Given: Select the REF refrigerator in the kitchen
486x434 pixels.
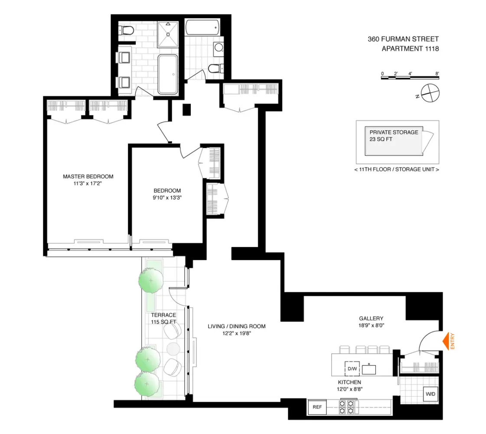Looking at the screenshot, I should tap(317, 408).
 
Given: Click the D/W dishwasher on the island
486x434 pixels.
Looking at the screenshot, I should tap(351, 369).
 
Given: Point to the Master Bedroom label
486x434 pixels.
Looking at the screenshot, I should tap(88, 177).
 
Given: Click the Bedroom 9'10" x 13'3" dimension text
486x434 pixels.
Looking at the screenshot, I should tap(167, 197).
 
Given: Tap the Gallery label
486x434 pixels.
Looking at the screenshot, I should tap(371, 318).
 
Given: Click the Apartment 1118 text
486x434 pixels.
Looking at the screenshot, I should tap(410, 49).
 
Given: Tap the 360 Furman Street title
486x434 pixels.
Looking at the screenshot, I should tap(403, 39).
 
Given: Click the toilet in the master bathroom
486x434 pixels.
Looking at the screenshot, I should tap(127, 30).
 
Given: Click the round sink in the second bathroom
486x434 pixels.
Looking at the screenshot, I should tap(218, 47).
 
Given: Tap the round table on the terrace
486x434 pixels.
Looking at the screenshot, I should tap(173, 349).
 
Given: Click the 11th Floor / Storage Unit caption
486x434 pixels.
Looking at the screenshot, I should tap(397, 169).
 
